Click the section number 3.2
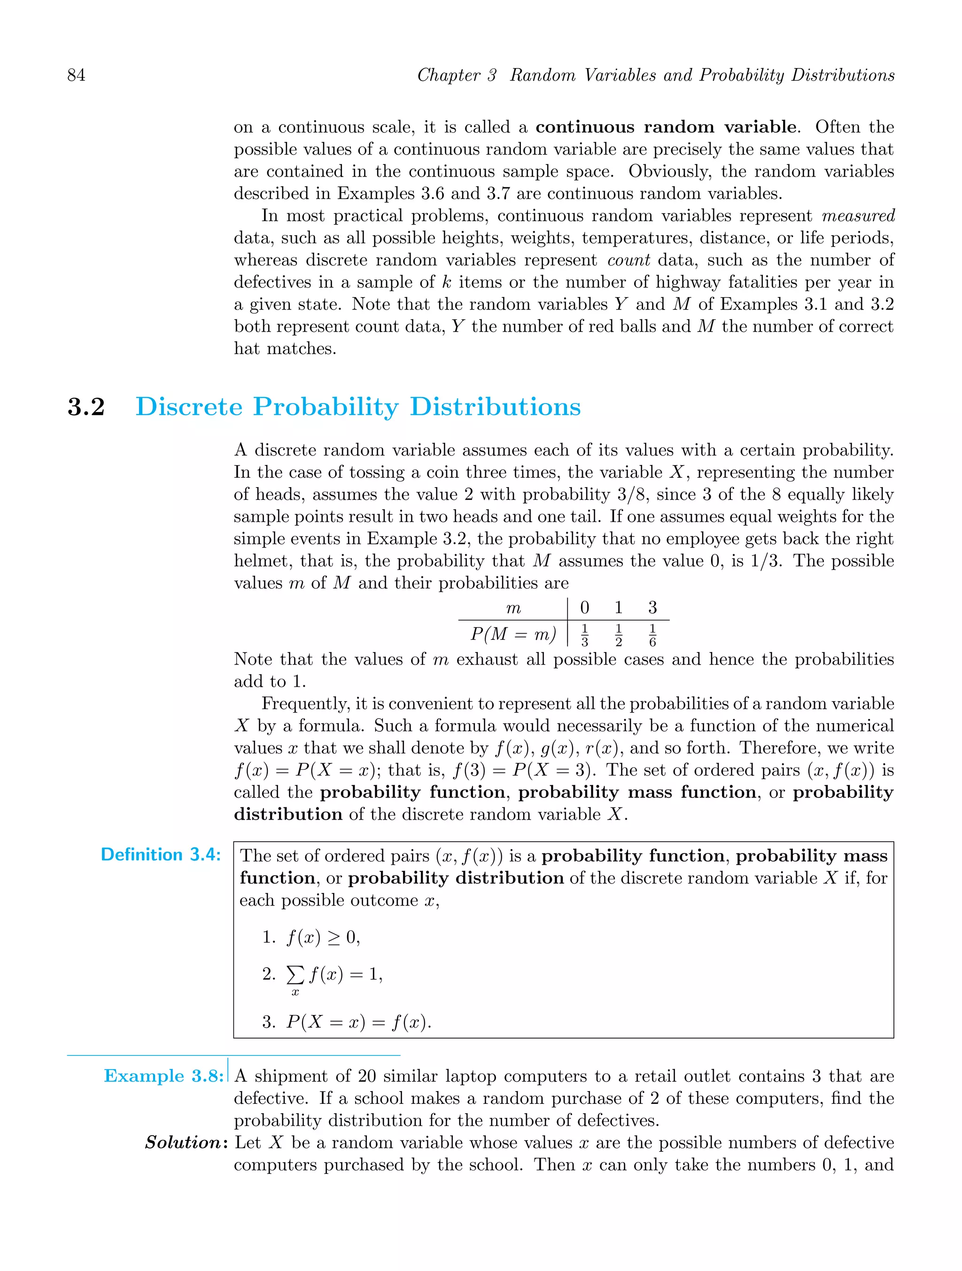(x=86, y=407)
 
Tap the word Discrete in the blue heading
(x=189, y=407)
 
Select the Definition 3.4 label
(x=160, y=854)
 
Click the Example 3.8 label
(x=163, y=1076)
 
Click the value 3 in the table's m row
(x=652, y=607)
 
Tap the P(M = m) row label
(x=513, y=635)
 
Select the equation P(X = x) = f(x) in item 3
(x=358, y=1022)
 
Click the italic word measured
(x=858, y=216)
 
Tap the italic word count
(x=628, y=260)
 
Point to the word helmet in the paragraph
(x=262, y=561)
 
